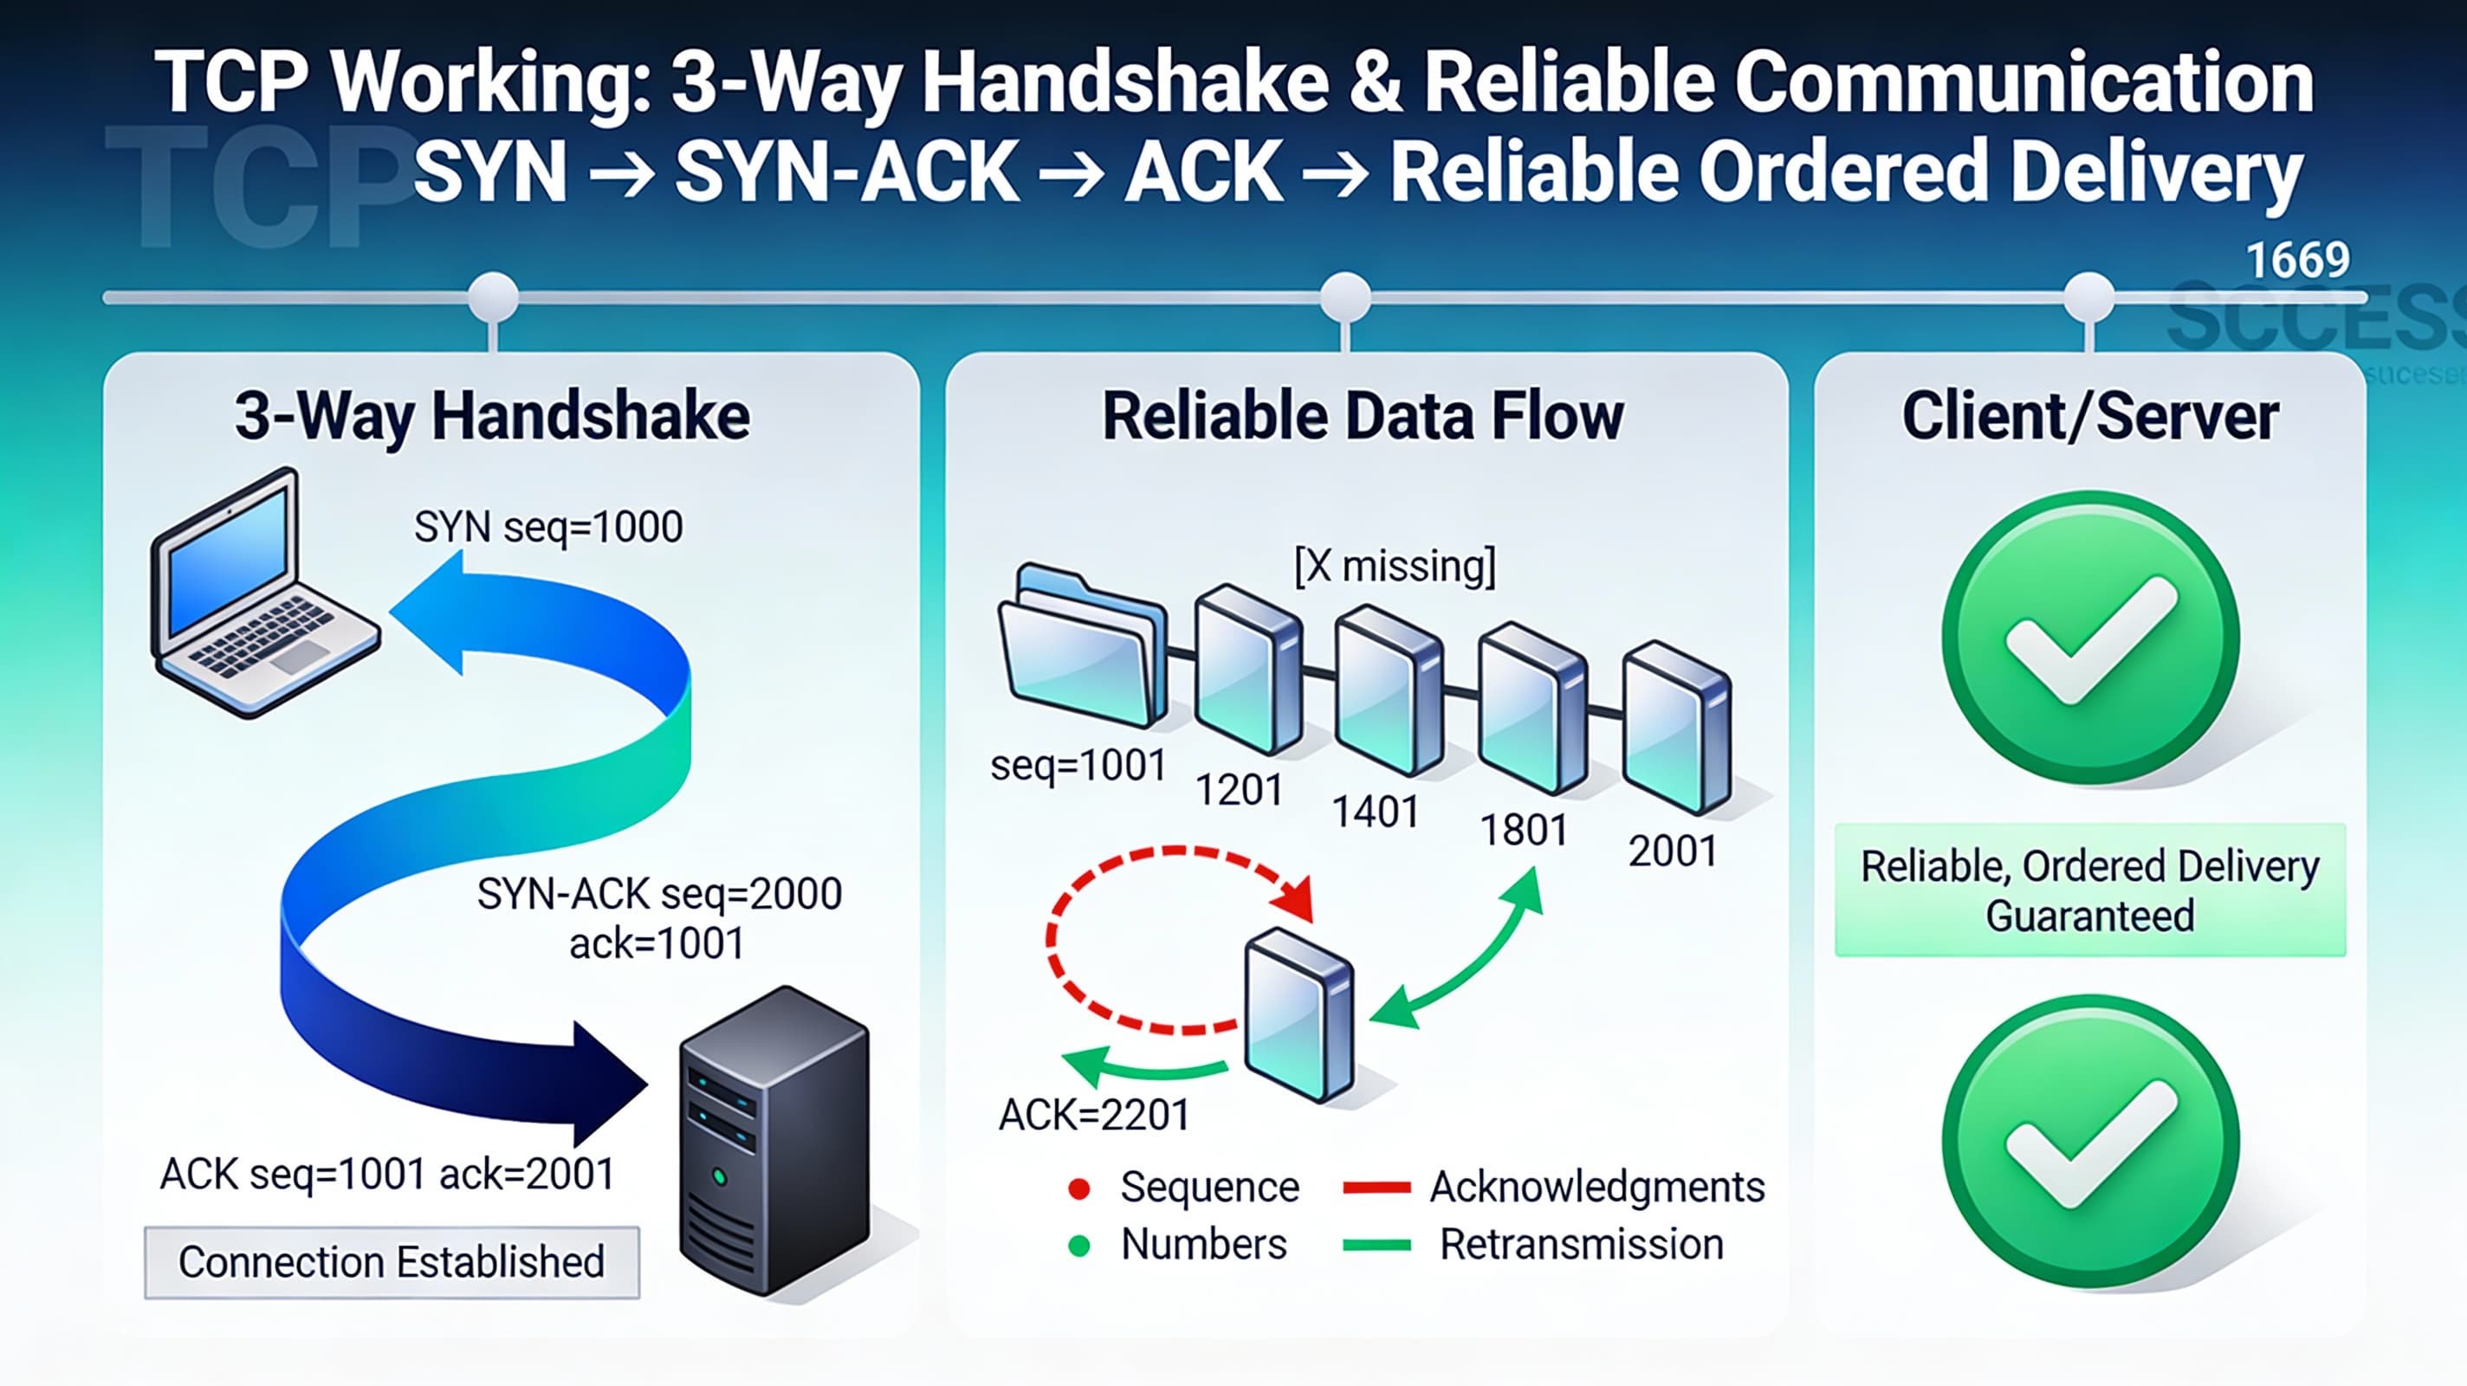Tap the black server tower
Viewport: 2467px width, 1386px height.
[x=774, y=1140]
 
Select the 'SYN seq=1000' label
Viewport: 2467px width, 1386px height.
[x=547, y=527]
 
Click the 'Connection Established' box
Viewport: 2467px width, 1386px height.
[x=392, y=1261]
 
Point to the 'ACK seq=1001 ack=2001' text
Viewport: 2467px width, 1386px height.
[x=387, y=1174]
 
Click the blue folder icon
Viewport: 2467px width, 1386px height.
[x=1082, y=646]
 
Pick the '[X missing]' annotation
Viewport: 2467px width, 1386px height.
[x=1395, y=565]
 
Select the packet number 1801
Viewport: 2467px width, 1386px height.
[x=1523, y=830]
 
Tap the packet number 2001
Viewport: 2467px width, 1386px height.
[x=1672, y=851]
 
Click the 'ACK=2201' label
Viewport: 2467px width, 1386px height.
[x=1094, y=1114]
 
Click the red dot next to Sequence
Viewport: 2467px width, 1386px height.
[x=1079, y=1188]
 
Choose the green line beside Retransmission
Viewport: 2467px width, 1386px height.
[x=1376, y=1245]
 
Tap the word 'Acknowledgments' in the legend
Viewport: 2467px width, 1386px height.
[x=1596, y=1187]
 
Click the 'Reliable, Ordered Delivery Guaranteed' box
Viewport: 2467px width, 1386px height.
[x=2089, y=890]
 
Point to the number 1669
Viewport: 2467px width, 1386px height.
[x=2297, y=261]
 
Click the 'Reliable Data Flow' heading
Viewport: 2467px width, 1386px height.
[x=1362, y=417]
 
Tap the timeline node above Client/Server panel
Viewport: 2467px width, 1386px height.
[x=2088, y=297]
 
